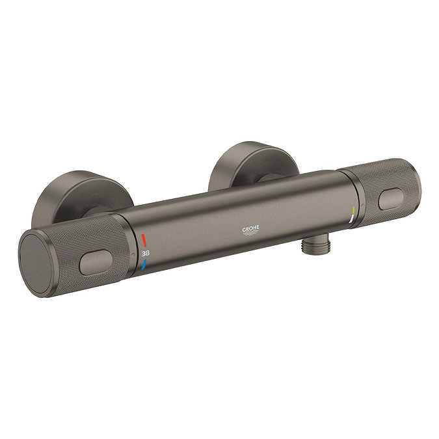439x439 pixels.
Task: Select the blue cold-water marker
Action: tap(145, 264)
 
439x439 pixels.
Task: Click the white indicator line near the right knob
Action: tap(352, 223)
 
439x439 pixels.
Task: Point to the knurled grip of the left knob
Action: tap(98, 247)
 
